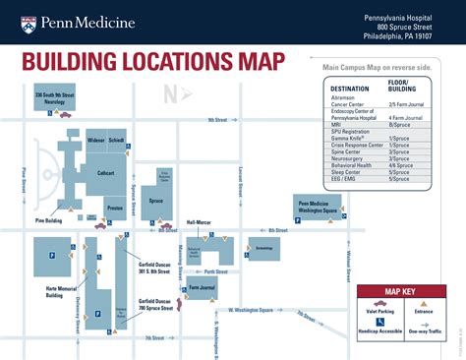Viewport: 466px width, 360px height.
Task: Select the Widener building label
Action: click(94, 141)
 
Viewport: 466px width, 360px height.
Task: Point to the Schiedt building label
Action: click(117, 141)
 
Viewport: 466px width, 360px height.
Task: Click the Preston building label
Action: click(114, 209)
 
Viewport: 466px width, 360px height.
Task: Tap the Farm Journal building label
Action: click(201, 288)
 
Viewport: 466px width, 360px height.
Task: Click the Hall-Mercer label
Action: click(199, 222)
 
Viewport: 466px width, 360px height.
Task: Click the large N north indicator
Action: click(171, 94)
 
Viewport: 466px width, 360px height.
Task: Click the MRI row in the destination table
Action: click(337, 125)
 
